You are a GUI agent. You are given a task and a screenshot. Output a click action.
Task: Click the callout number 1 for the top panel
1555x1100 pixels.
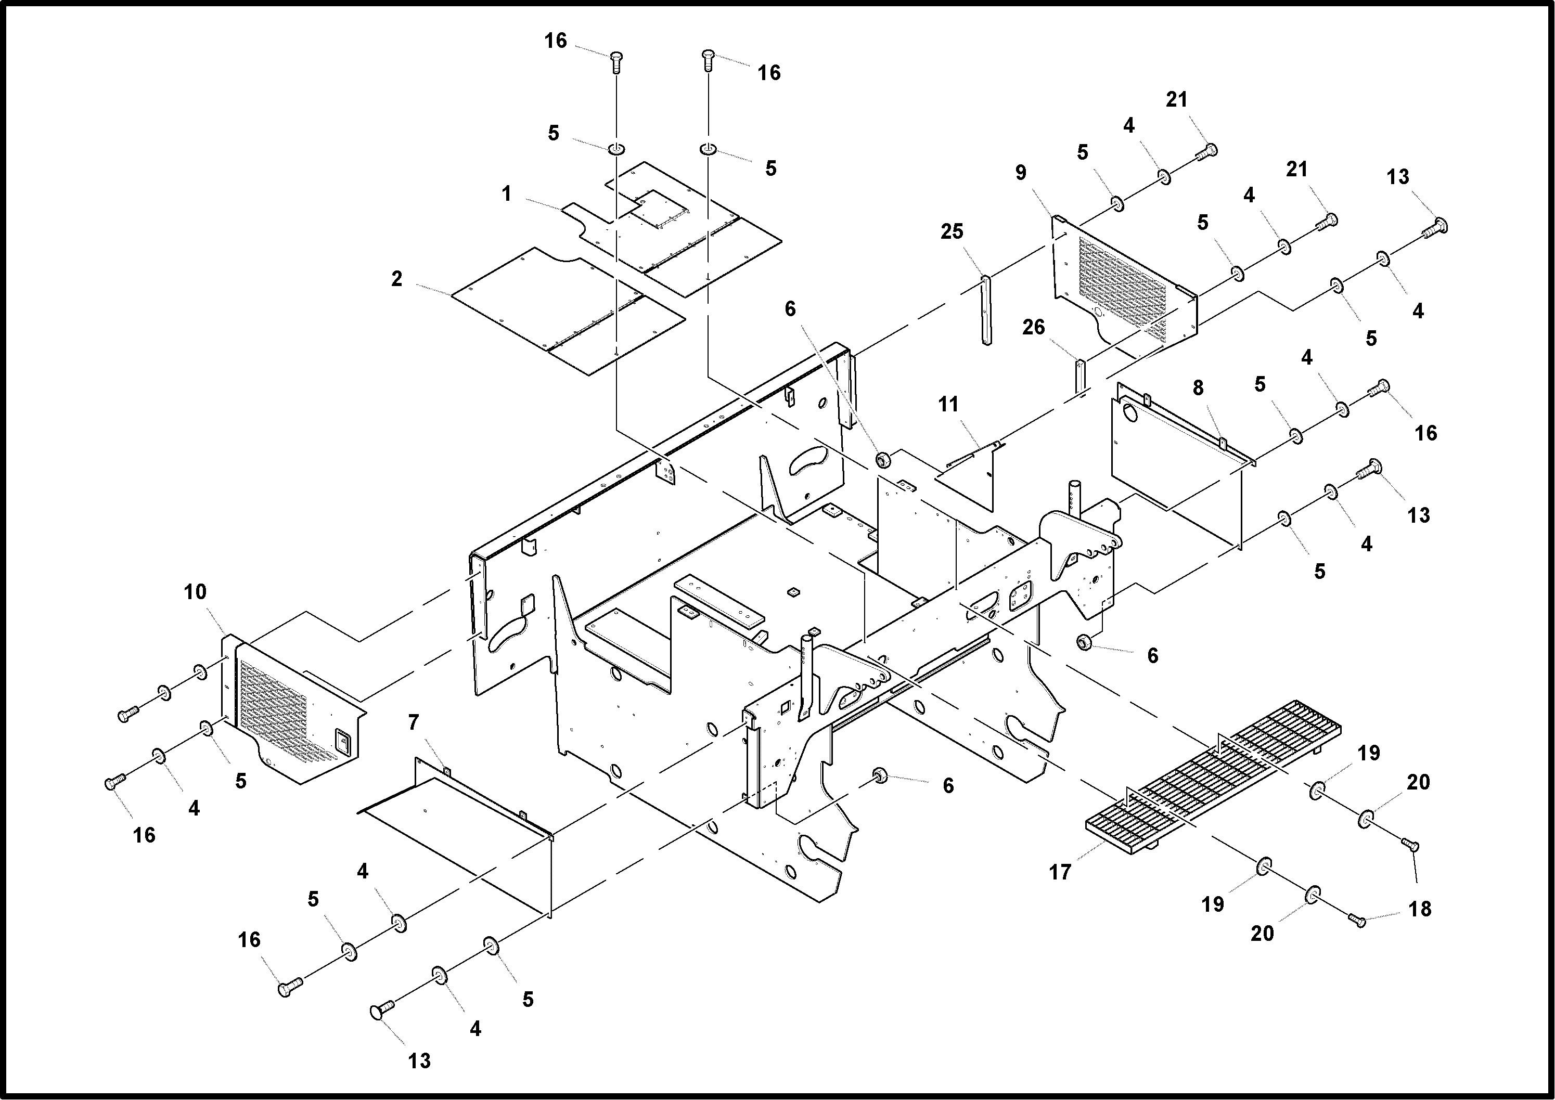tap(506, 195)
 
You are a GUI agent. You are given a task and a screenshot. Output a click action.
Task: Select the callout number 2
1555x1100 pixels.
tap(396, 279)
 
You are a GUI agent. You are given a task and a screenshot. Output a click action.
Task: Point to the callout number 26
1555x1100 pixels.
tap(1033, 328)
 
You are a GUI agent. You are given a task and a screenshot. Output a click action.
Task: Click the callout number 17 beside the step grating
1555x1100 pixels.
tap(1060, 872)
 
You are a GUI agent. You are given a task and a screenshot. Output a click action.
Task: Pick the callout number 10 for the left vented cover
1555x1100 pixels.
tap(195, 592)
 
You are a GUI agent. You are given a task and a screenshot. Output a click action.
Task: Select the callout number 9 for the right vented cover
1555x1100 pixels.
tap(1020, 173)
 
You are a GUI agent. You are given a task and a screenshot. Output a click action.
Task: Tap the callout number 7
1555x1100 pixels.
tap(413, 723)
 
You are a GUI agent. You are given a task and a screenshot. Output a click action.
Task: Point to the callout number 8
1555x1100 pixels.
tap(1198, 388)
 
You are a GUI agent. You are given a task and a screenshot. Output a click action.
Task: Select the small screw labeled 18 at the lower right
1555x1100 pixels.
tap(1357, 920)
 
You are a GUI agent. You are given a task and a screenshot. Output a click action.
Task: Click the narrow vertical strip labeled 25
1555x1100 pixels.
tap(986, 309)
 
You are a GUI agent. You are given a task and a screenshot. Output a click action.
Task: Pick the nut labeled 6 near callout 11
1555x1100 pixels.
tap(882, 460)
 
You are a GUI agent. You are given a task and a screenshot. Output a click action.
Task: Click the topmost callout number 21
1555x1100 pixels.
tap(1176, 99)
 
